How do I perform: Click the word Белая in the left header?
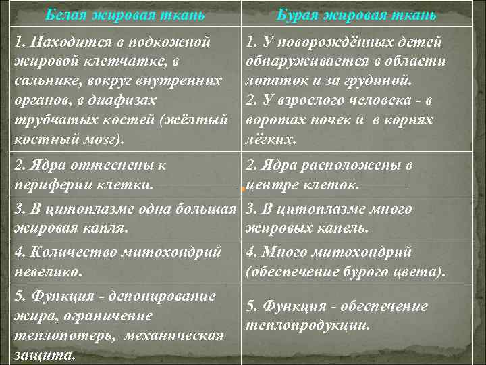(x=67, y=14)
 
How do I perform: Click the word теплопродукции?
(x=308, y=325)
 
